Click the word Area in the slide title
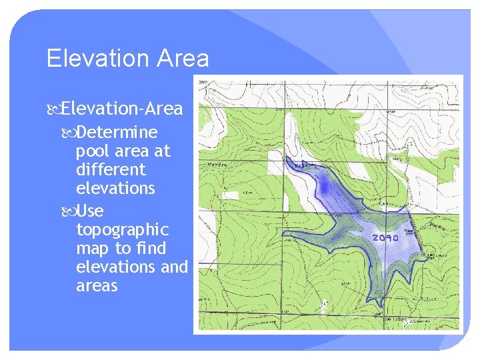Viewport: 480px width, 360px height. pyautogui.click(x=183, y=59)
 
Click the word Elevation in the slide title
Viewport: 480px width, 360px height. pyautogui.click(x=98, y=59)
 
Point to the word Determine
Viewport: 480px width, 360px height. pyautogui.click(x=117, y=132)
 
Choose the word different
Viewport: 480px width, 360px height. pyautogui.click(x=111, y=169)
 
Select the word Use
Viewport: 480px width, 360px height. pyautogui.click(x=90, y=211)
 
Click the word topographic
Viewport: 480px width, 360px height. pyautogui.click(x=123, y=230)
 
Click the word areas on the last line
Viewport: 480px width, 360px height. pyautogui.click(x=97, y=286)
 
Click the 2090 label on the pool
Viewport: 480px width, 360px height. pyautogui.click(x=385, y=237)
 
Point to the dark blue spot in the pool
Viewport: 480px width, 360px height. pyautogui.click(x=325, y=189)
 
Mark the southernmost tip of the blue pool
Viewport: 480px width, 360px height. pyautogui.click(x=378, y=306)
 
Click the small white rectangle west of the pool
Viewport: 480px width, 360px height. pyautogui.click(x=231, y=195)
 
